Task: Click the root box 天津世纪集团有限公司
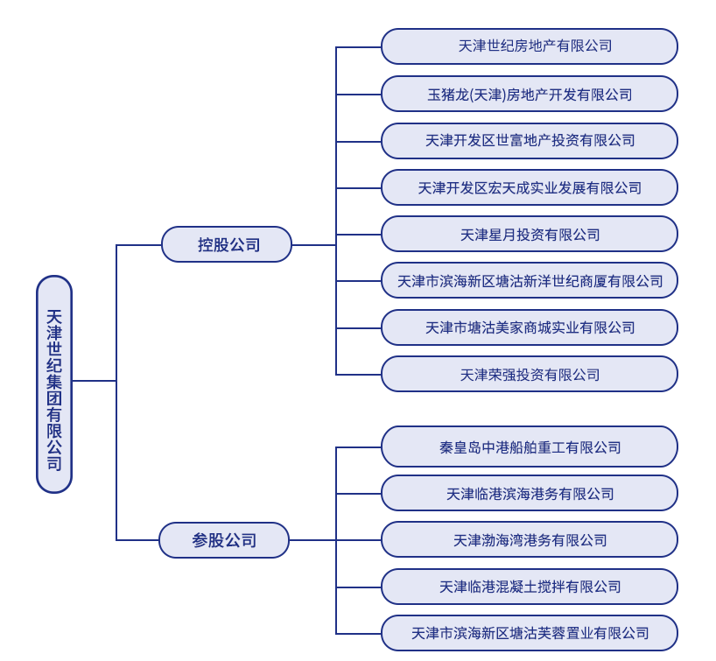pyautogui.click(x=54, y=383)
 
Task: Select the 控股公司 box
pyautogui.click(x=227, y=244)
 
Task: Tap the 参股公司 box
pyautogui.click(x=224, y=540)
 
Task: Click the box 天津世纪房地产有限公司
pyautogui.click(x=530, y=46)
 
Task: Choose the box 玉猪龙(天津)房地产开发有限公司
pyautogui.click(x=530, y=94)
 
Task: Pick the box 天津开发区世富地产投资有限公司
pyautogui.click(x=530, y=140)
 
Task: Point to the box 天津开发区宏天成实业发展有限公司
pyautogui.click(x=530, y=187)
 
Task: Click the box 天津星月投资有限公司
pyautogui.click(x=530, y=235)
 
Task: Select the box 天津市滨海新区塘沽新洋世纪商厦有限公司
pyautogui.click(x=530, y=281)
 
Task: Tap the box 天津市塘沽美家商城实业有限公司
pyautogui.click(x=530, y=327)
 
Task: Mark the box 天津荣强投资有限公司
pyautogui.click(x=530, y=375)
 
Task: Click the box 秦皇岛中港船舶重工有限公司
pyautogui.click(x=530, y=447)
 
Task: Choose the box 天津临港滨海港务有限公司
pyautogui.click(x=530, y=494)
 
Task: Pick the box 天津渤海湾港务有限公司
pyautogui.click(x=530, y=540)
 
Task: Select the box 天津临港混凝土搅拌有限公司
pyautogui.click(x=530, y=587)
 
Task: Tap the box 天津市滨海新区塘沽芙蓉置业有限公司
pyautogui.click(x=530, y=632)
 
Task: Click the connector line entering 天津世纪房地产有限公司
pyautogui.click(x=359, y=47)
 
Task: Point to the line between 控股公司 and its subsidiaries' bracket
pyautogui.click(x=313, y=245)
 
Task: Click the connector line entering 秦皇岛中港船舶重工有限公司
pyautogui.click(x=359, y=448)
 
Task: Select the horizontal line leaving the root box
pyautogui.click(x=94, y=381)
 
